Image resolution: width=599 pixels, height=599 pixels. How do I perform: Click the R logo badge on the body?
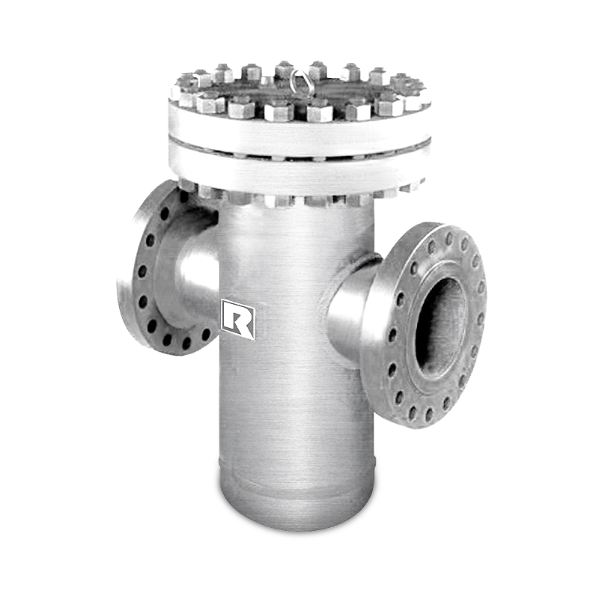239,319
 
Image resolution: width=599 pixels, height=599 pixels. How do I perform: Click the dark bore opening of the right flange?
440,326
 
